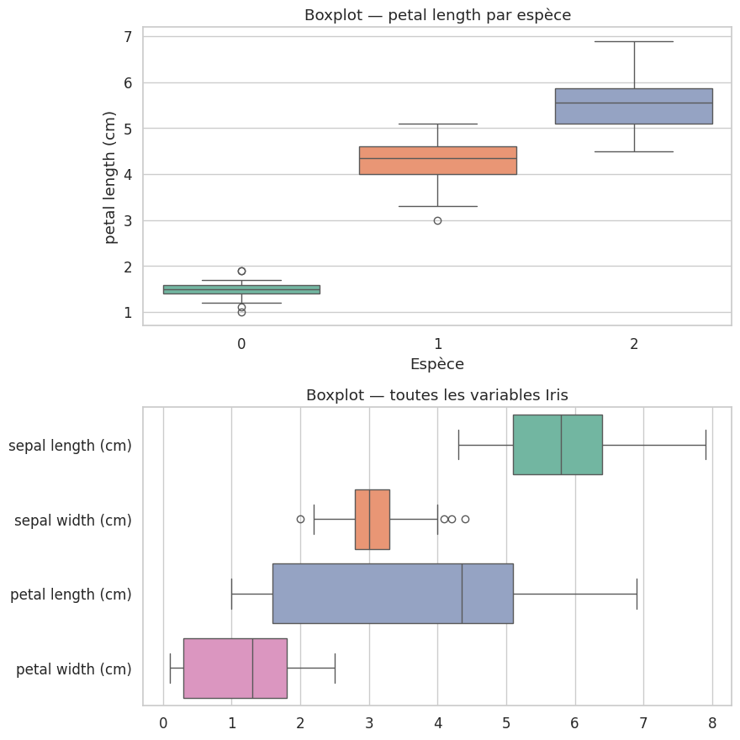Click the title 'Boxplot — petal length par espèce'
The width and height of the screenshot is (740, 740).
tap(437, 14)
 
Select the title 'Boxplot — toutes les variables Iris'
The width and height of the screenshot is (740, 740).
tap(437, 395)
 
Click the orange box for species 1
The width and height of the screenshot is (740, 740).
tap(437, 161)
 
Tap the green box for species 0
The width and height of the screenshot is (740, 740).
tap(241, 289)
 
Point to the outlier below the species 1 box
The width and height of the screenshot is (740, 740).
tap(437, 220)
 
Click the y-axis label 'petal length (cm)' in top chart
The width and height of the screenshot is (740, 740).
tap(111, 176)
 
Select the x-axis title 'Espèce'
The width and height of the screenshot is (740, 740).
tap(437, 364)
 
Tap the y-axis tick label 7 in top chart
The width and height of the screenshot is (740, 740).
tap(127, 37)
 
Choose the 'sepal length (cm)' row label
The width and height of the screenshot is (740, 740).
tap(71, 446)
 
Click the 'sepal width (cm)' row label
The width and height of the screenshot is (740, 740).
tap(73, 521)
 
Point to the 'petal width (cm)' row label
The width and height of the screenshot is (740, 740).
tap(74, 669)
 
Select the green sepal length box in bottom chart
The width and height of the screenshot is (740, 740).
tap(558, 445)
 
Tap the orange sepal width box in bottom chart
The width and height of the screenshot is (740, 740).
tap(372, 519)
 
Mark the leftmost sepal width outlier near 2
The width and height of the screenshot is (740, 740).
tap(300, 519)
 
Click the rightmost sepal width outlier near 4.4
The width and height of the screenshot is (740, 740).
tap(465, 519)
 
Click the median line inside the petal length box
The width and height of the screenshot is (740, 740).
tap(462, 594)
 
